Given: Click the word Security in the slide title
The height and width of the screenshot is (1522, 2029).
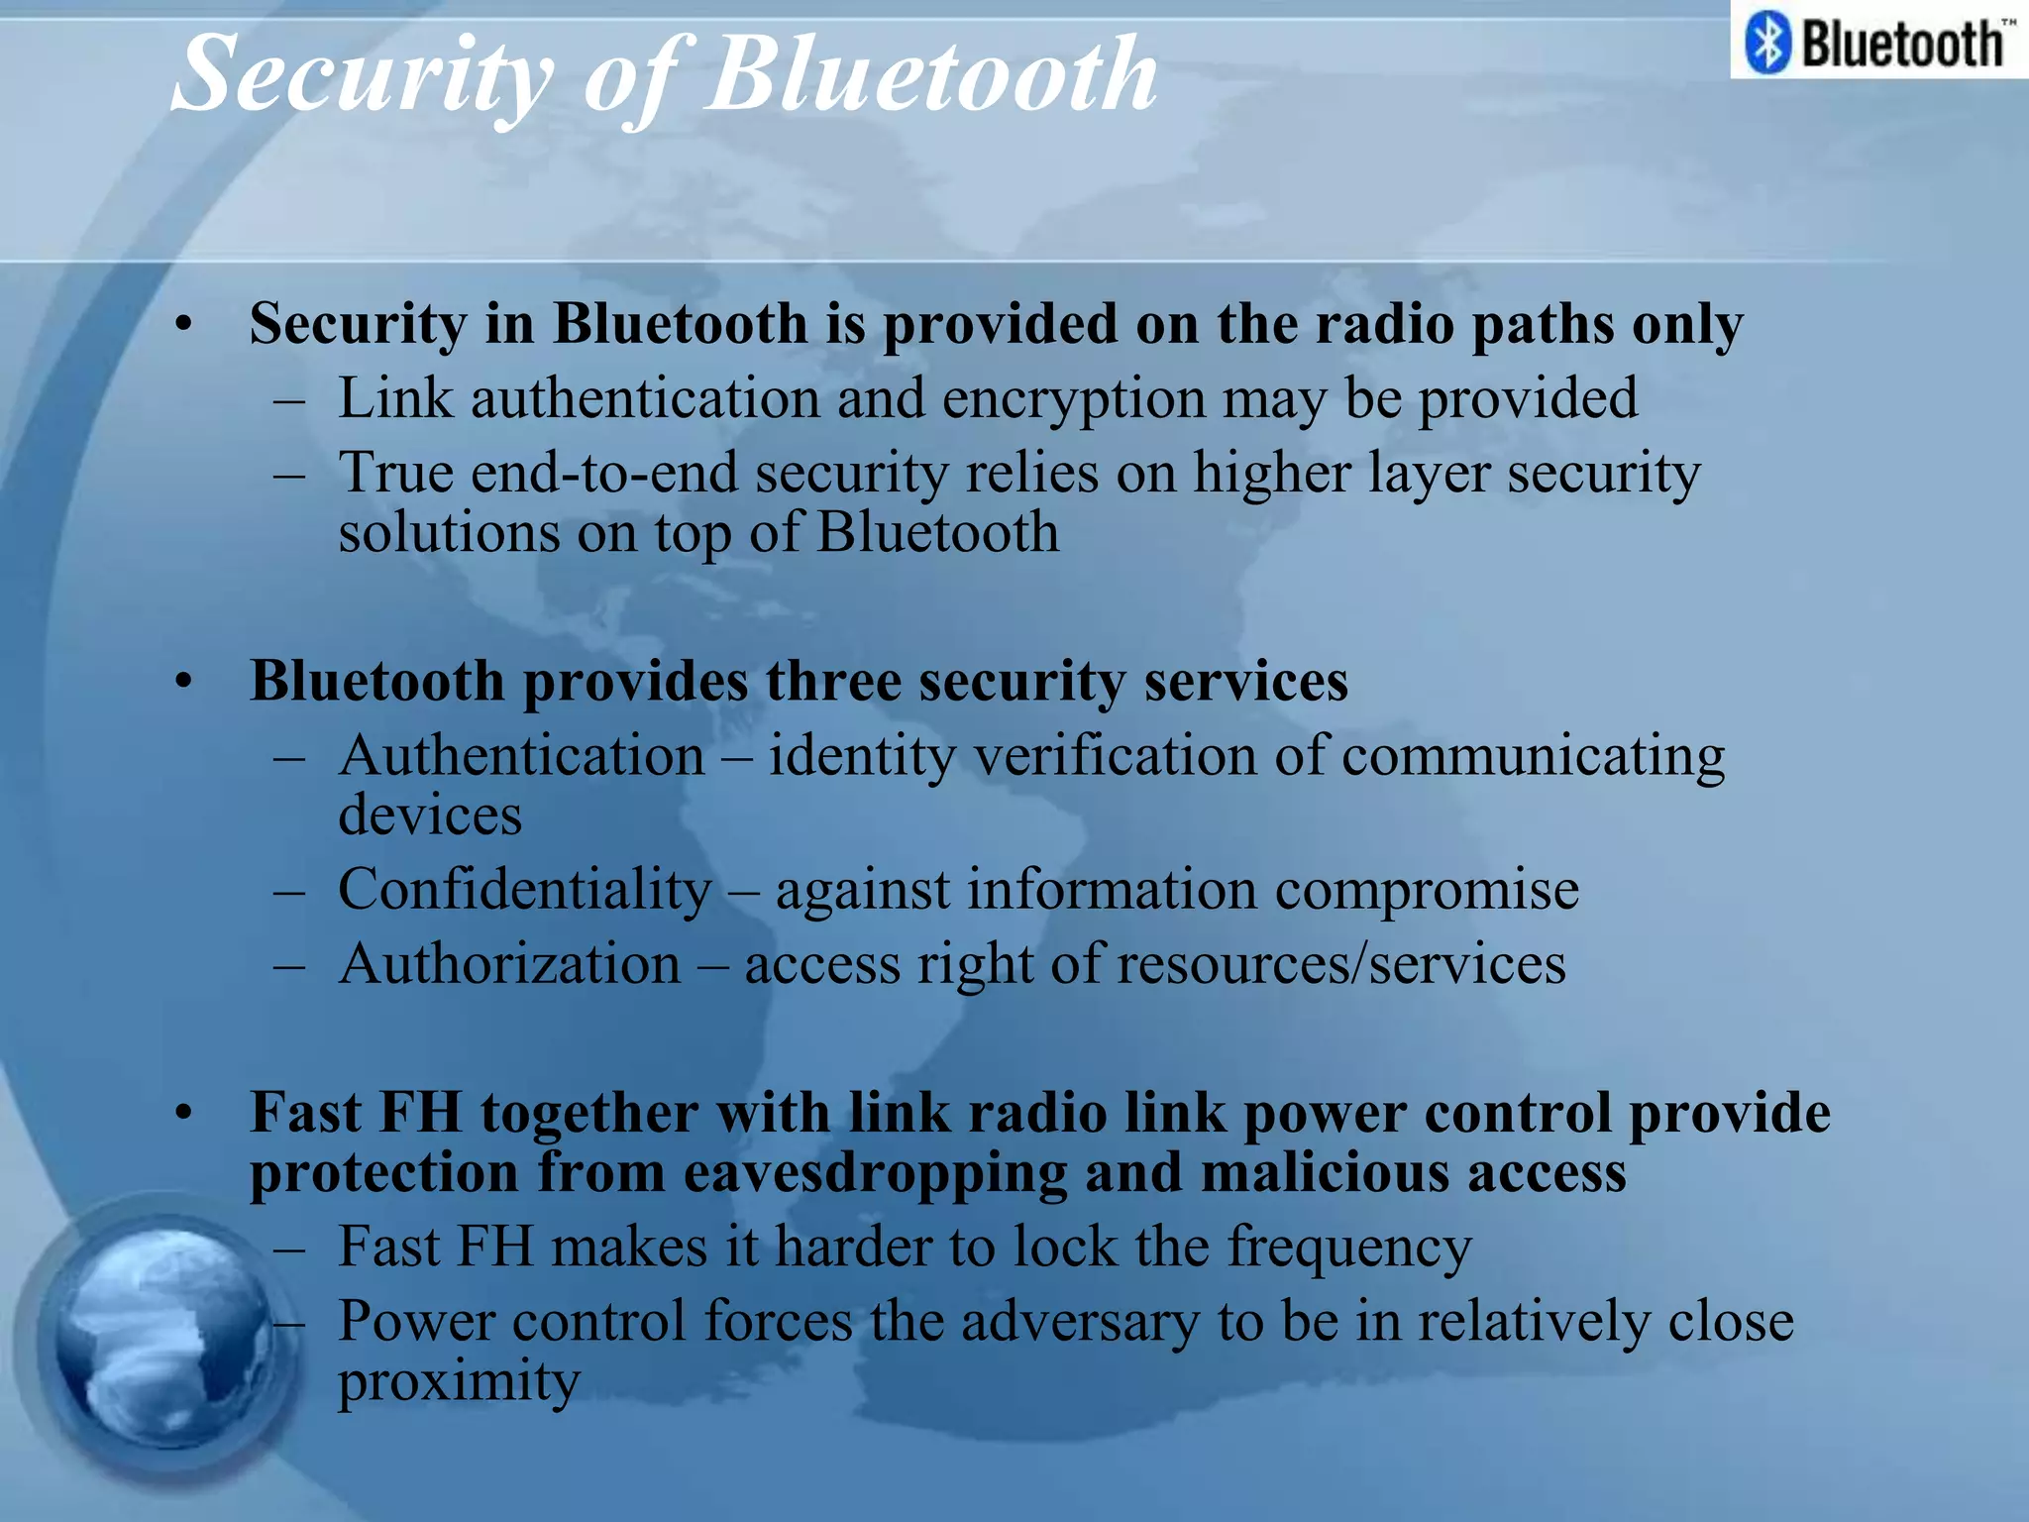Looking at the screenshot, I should (x=363, y=75).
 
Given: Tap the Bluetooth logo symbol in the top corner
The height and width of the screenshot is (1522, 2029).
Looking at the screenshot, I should (x=1767, y=43).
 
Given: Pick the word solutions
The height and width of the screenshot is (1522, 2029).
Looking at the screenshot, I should (x=449, y=532).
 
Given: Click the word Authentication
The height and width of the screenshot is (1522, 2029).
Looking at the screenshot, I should (x=521, y=756).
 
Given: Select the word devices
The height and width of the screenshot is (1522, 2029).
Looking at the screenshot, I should (x=430, y=815).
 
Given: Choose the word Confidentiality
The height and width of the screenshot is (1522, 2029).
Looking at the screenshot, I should (x=524, y=889).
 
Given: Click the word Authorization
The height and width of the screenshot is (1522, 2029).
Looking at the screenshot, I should (x=509, y=964).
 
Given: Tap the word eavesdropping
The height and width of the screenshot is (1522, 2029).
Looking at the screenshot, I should (x=875, y=1172).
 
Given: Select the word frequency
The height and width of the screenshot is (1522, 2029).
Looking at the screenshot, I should (x=1349, y=1248).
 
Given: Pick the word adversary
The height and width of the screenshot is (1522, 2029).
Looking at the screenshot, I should (x=1080, y=1322).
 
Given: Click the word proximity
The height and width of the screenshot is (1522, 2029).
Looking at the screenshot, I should (x=458, y=1382).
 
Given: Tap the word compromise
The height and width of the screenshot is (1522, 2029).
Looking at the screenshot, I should (x=1427, y=889).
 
